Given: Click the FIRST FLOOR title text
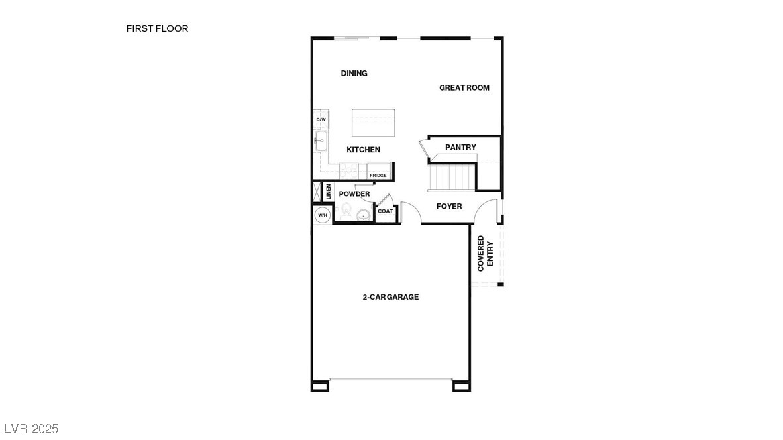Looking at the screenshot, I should point(157,28).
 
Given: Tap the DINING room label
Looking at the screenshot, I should point(354,73).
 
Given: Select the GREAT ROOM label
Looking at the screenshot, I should point(464,87).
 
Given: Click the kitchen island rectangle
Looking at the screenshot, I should point(375,123).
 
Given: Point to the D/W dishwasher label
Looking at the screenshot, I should point(321,120).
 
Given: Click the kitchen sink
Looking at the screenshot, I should point(321,141).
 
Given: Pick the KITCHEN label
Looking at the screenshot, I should point(363,150).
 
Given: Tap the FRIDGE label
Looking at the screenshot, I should point(378,175).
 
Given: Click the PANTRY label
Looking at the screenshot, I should point(460,147).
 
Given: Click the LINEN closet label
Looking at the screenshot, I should point(328,192).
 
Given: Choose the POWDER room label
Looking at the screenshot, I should point(354,194).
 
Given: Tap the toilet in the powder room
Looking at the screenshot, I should point(345,211).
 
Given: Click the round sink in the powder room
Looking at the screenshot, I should point(363,215).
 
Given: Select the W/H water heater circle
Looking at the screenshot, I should point(323,215).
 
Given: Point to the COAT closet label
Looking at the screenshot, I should point(385,211).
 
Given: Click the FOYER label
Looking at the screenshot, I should point(448,207).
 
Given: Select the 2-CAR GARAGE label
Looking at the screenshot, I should point(390,297).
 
